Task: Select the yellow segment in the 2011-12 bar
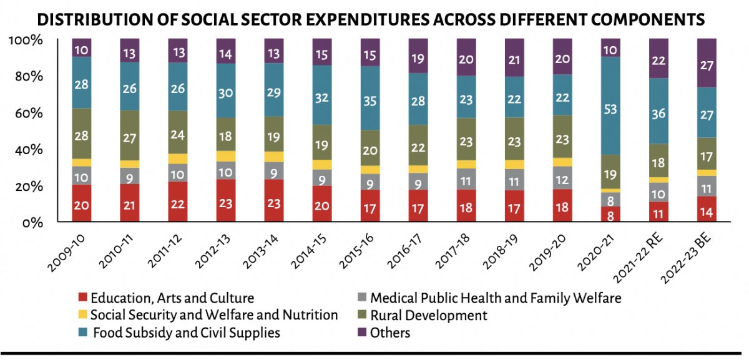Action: tap(178, 158)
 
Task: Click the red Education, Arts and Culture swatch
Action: tap(81, 298)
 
